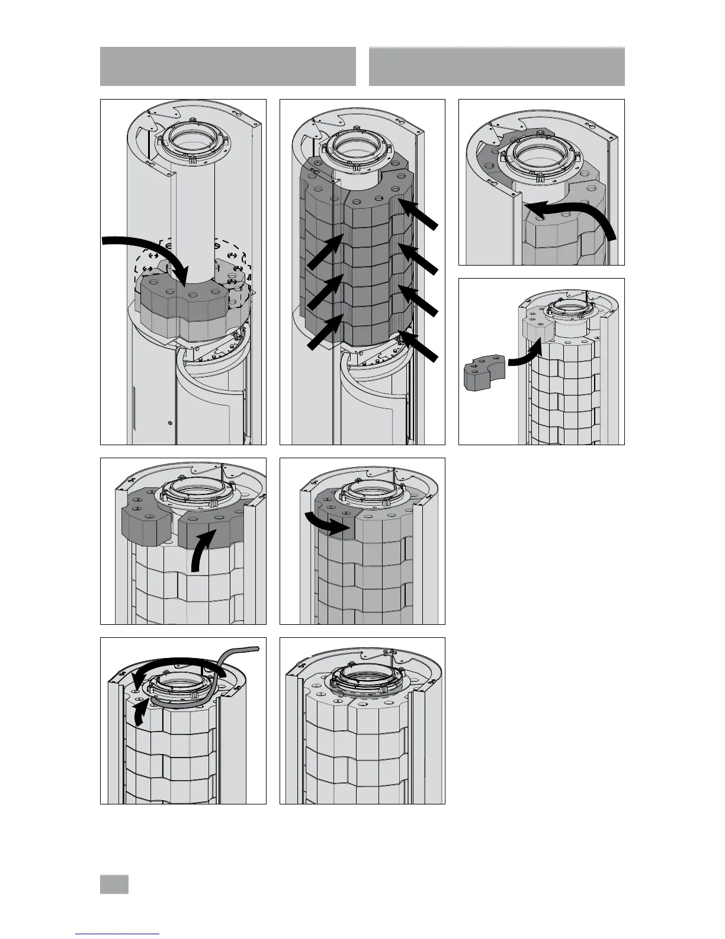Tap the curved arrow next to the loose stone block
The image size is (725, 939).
coord(524,357)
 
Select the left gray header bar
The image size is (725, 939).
coord(228,66)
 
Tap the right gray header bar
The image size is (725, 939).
coord(496,66)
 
